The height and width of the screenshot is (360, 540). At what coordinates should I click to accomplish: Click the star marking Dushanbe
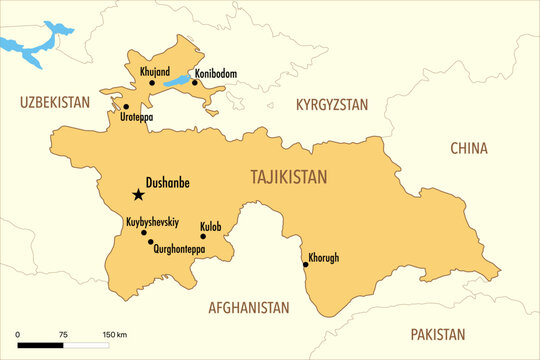137,195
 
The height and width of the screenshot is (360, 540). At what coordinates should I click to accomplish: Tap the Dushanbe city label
167,183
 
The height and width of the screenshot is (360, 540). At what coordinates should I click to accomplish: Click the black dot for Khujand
152,83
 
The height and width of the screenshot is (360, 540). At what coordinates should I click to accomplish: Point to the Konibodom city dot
195,83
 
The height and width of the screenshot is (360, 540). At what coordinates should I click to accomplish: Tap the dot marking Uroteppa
126,106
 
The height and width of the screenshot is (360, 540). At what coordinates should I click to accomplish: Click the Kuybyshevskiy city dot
144,232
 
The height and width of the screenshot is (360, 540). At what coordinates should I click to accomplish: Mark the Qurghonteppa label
180,249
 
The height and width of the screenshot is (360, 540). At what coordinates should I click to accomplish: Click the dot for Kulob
203,237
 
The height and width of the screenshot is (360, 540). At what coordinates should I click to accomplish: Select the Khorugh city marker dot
305,265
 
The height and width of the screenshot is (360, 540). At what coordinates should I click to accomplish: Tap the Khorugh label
324,257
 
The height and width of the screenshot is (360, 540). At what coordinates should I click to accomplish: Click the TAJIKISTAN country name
289,177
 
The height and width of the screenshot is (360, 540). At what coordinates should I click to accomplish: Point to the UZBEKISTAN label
55,102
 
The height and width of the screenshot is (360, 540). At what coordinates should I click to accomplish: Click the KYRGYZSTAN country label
332,104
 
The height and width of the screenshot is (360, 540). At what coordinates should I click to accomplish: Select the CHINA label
468,148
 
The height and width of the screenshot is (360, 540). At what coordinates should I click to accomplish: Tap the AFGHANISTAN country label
248,308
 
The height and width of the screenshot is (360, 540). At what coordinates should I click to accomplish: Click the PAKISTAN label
437,334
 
